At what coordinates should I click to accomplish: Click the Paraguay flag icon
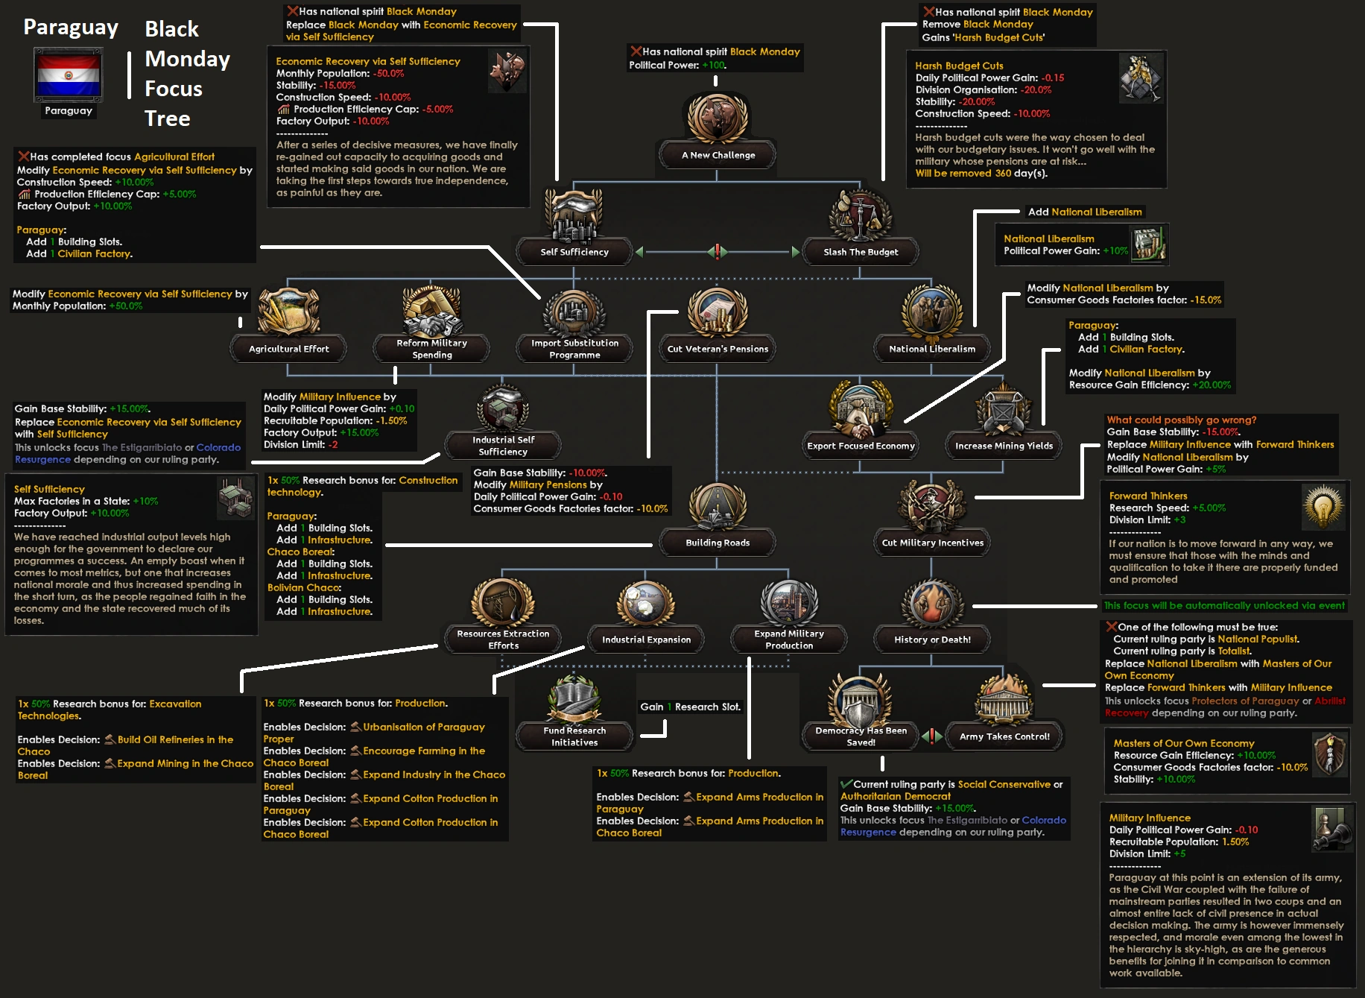[x=68, y=75]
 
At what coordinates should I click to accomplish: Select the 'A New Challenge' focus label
[x=718, y=155]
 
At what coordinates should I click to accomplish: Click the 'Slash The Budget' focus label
[x=861, y=252]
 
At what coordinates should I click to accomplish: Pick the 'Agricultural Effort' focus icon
[x=288, y=312]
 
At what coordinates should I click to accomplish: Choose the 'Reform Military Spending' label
[x=431, y=349]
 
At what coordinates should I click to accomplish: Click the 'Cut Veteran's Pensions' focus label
[x=718, y=349]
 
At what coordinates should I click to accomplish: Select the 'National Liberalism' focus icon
[x=931, y=312]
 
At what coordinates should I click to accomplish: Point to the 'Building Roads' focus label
[x=718, y=543]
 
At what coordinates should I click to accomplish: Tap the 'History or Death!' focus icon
[x=931, y=604]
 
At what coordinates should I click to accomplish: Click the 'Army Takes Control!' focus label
[x=1004, y=736]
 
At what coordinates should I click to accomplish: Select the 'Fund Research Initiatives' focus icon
[x=574, y=699]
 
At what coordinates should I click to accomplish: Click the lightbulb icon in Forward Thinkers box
[x=1323, y=507]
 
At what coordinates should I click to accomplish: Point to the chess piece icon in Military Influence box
[x=1331, y=829]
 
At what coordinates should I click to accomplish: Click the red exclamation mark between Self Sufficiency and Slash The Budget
[x=718, y=252]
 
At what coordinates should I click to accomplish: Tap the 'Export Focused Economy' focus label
[x=861, y=446]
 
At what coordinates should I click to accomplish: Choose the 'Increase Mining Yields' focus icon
[x=1004, y=410]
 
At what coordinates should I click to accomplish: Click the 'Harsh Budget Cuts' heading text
[x=959, y=66]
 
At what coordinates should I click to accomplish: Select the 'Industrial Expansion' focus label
[x=646, y=639]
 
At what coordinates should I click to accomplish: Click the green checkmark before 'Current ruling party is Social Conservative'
[x=846, y=784]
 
